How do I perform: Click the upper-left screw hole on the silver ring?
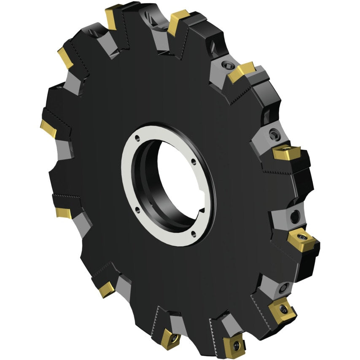pos(137,137)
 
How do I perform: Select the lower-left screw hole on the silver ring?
pos(137,207)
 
